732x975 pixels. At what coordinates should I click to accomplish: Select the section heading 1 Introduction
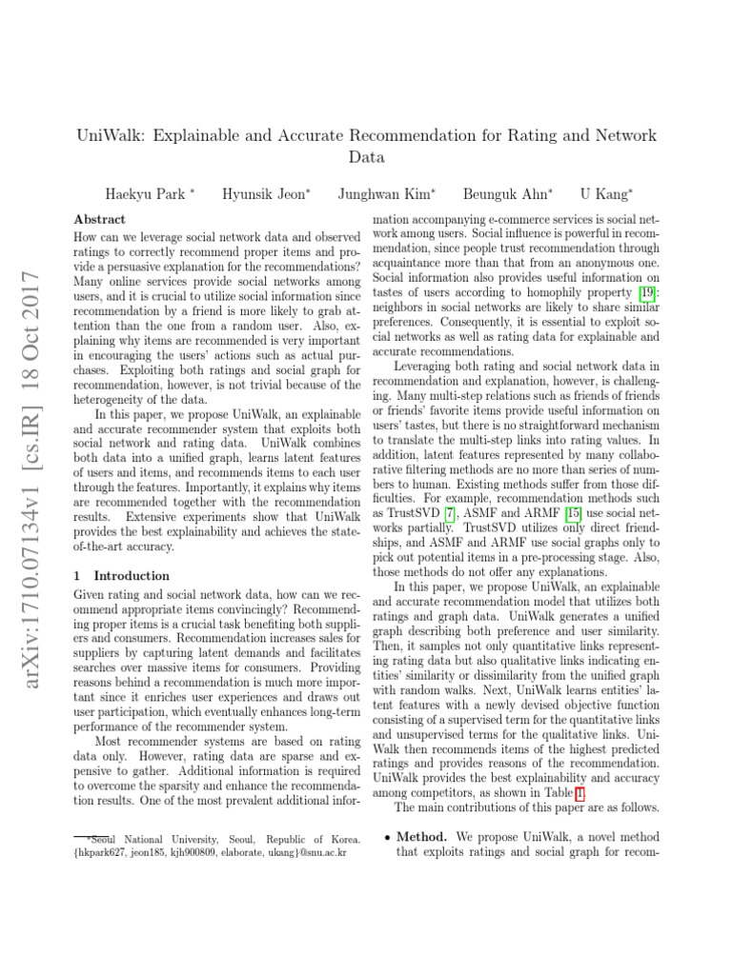point(121,575)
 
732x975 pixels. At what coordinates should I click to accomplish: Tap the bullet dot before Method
point(385,837)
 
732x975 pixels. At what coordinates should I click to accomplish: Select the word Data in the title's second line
point(366,157)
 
